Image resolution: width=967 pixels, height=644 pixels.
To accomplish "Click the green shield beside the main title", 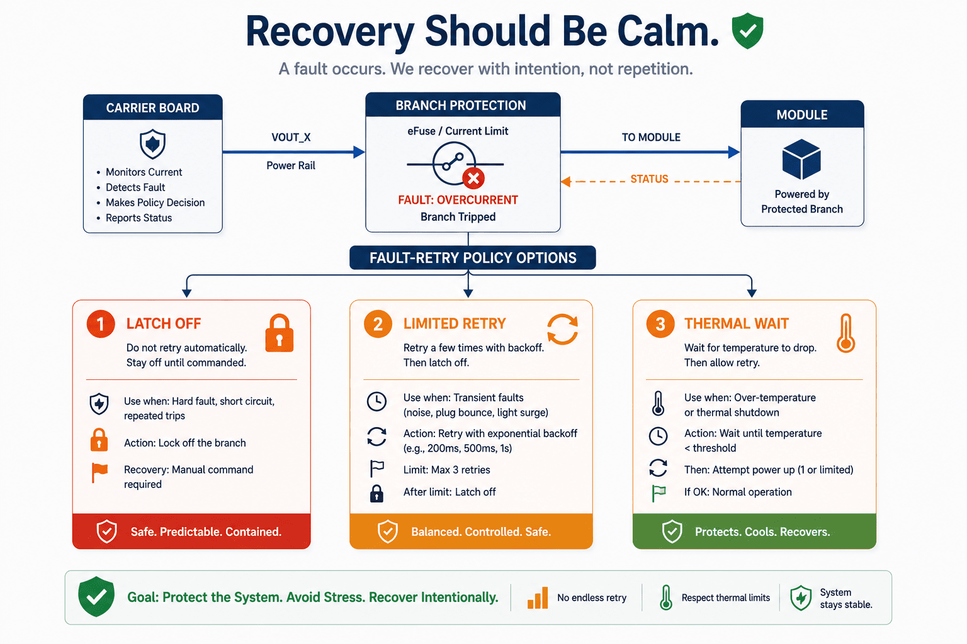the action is pyautogui.click(x=747, y=31).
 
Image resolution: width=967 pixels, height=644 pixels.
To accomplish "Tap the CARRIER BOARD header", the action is pyautogui.click(x=153, y=108).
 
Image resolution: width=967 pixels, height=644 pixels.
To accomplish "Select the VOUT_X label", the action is pyautogui.click(x=291, y=137).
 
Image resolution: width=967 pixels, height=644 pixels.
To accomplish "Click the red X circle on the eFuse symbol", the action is pyautogui.click(x=473, y=178).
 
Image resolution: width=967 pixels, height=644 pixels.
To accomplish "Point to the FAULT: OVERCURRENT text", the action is pyautogui.click(x=458, y=200).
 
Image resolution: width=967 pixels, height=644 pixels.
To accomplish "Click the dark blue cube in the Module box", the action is pyautogui.click(x=801, y=159).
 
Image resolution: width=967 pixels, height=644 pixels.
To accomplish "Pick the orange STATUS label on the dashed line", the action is pyautogui.click(x=649, y=179).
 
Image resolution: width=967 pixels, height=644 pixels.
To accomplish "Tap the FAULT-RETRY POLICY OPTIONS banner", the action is pyautogui.click(x=473, y=257).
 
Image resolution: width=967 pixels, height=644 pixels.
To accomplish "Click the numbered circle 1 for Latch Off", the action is pyautogui.click(x=101, y=324).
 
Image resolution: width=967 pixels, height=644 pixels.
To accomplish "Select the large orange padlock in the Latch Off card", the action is pyautogui.click(x=280, y=333).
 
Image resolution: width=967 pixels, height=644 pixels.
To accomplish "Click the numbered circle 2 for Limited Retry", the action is pyautogui.click(x=378, y=324).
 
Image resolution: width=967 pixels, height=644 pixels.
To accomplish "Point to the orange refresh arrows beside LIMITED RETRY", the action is pyautogui.click(x=562, y=329).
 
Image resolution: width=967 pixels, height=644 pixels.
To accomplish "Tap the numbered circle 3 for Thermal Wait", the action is pyautogui.click(x=660, y=324).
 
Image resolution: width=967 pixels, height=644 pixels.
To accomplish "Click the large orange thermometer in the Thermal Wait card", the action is pyautogui.click(x=845, y=333).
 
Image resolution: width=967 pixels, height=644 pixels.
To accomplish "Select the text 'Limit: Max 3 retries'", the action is pyautogui.click(x=447, y=470).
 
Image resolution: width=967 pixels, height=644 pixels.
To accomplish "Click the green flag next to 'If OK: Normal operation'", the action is pyautogui.click(x=659, y=493).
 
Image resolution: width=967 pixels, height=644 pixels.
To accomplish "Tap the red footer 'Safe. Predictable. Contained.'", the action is pyautogui.click(x=191, y=531).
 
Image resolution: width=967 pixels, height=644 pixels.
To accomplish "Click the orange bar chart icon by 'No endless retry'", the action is pyautogui.click(x=538, y=597).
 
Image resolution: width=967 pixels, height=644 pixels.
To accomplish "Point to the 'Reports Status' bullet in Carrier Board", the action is pyautogui.click(x=139, y=218).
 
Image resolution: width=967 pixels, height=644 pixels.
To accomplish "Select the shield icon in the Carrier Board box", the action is pyautogui.click(x=153, y=144).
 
